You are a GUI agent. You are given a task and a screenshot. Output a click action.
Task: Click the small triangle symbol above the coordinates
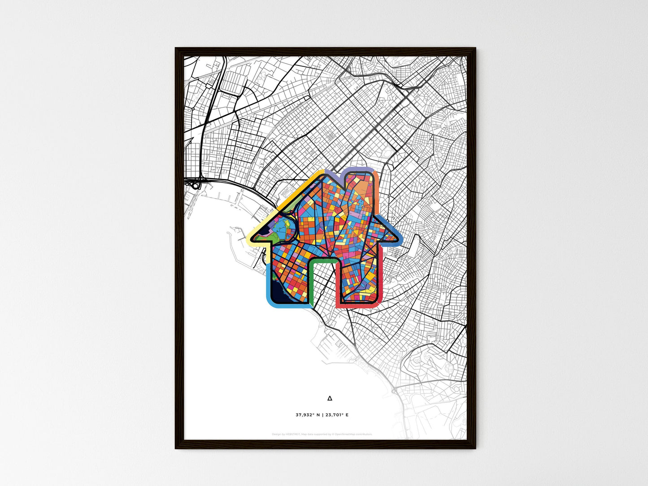point(330,398)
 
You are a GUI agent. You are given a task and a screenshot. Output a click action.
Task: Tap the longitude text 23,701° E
point(337,415)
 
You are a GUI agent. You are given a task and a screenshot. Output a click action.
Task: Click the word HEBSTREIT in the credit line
point(293,434)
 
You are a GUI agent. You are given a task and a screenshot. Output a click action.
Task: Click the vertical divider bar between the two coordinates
point(323,415)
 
